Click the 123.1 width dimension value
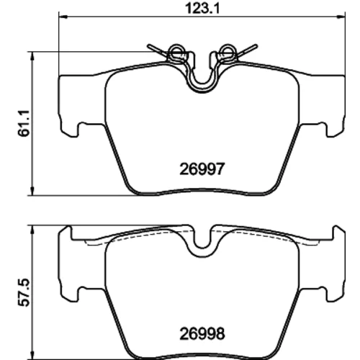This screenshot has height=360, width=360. click(x=202, y=9)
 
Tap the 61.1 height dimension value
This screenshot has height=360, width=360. click(x=24, y=123)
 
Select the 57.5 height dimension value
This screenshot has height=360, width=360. click(x=24, y=292)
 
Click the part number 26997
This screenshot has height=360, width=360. click(x=202, y=169)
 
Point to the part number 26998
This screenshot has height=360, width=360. click(x=202, y=333)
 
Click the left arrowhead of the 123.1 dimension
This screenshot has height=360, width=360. click(x=63, y=17)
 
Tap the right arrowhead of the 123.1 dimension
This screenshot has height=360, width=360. click(x=341, y=17)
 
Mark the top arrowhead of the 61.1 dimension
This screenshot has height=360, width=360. click(x=32, y=55)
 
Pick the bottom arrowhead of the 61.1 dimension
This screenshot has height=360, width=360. click(x=32, y=192)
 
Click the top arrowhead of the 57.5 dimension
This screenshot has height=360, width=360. click(x=32, y=229)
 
